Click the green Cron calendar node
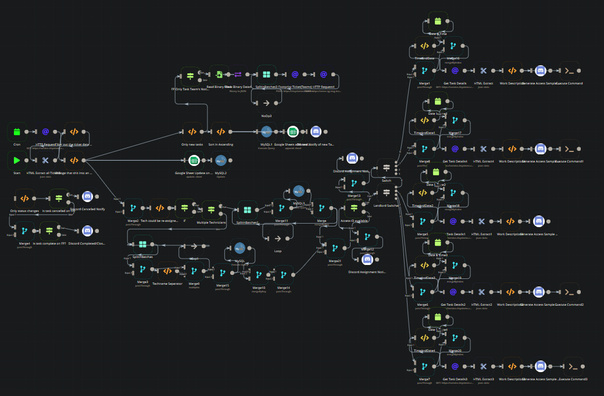(x=17, y=132)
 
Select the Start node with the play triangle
(x=17, y=160)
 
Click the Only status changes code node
(x=24, y=197)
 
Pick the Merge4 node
(x=24, y=231)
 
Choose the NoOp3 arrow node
(x=266, y=103)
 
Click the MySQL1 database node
(x=266, y=132)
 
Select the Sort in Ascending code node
(x=221, y=132)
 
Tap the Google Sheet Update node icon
(x=194, y=161)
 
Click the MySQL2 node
(x=221, y=161)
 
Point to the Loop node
(x=277, y=238)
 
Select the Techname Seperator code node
(x=167, y=271)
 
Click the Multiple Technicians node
(x=210, y=208)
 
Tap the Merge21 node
(x=334, y=249)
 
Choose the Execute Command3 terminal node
(x=573, y=366)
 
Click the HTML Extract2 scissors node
(x=482, y=292)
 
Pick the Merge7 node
(x=424, y=367)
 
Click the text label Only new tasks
(x=192, y=144)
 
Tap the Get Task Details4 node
(x=455, y=148)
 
